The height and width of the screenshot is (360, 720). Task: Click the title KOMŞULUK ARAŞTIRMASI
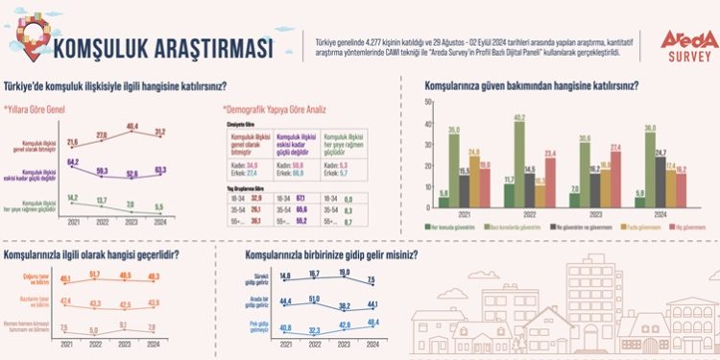(x=163, y=45)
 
